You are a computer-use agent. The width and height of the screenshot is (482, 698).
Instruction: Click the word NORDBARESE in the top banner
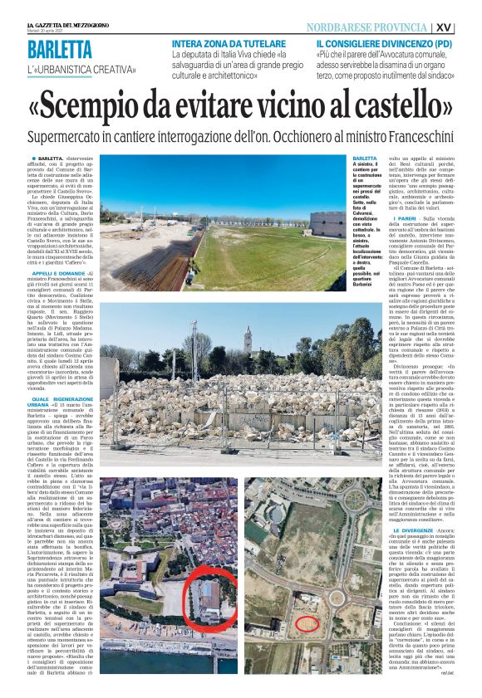(342, 27)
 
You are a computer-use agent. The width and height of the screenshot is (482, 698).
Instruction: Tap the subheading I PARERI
(379, 217)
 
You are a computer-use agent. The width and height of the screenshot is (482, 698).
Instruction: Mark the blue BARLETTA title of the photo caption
(364, 158)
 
